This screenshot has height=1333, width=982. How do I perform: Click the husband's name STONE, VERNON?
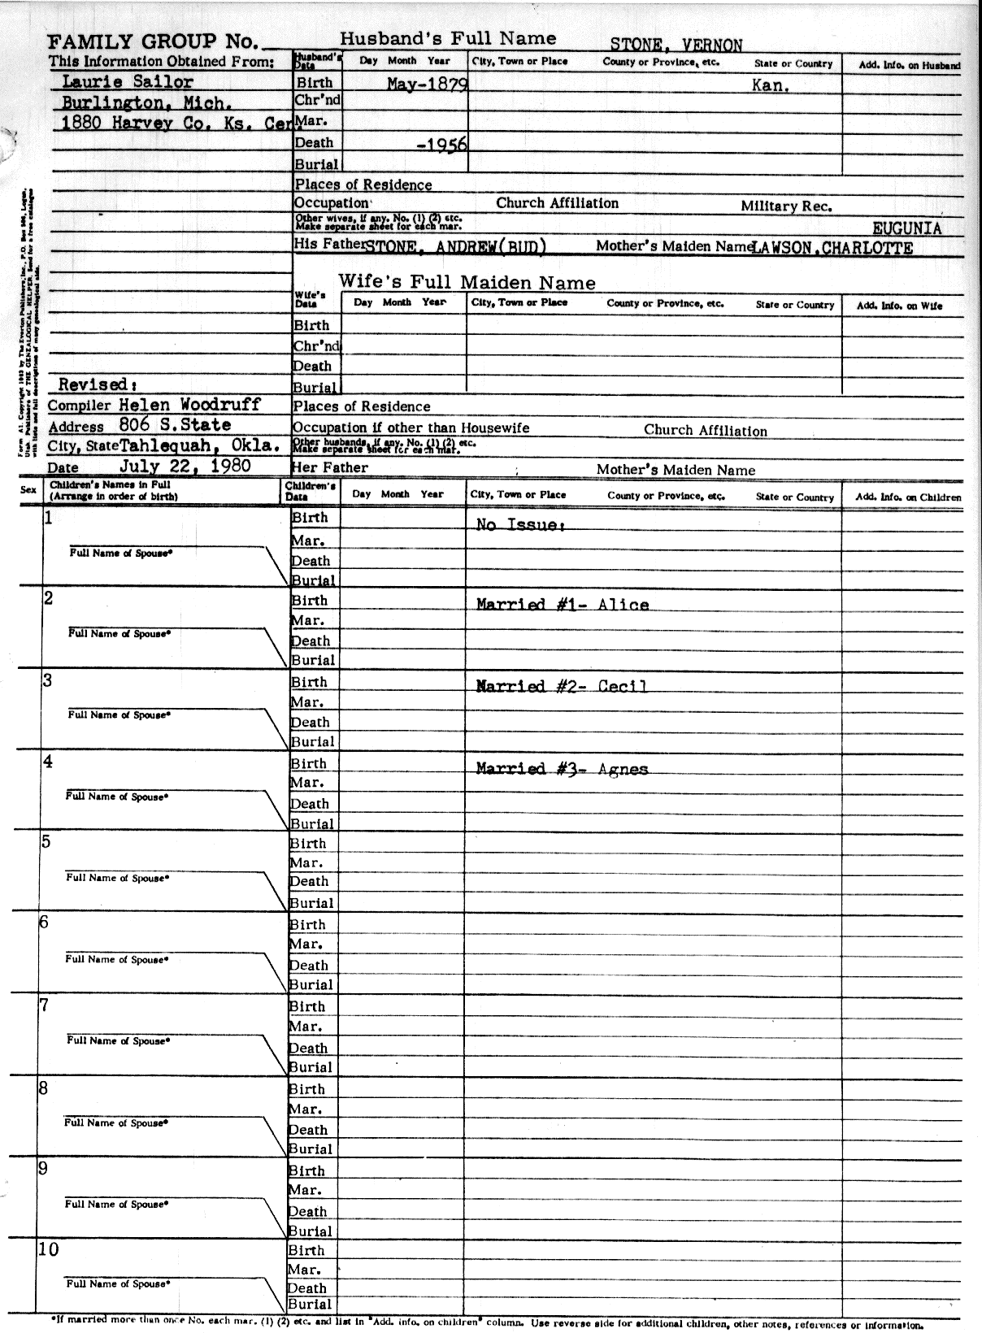click(676, 45)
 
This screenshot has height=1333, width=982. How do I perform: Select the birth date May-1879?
click(426, 84)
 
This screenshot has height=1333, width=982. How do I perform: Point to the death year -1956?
click(441, 145)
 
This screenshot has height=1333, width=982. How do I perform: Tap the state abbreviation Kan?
click(771, 85)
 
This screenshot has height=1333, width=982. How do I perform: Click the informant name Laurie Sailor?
click(128, 82)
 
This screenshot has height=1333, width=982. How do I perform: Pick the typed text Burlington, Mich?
click(147, 103)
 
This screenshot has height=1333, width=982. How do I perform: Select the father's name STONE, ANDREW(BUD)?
click(456, 247)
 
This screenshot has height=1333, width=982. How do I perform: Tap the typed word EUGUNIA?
click(906, 228)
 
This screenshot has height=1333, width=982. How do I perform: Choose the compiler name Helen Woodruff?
click(189, 404)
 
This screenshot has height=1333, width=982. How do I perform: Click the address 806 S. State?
click(175, 424)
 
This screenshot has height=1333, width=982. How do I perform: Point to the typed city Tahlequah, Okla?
click(200, 445)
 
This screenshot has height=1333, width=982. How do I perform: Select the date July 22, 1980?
click(185, 467)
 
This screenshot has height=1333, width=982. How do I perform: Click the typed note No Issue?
click(520, 525)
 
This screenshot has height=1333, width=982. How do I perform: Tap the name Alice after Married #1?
click(624, 605)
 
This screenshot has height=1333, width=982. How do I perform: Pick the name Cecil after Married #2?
click(623, 686)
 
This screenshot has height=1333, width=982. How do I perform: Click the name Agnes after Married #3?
click(623, 768)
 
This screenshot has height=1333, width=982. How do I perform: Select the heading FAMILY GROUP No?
click(154, 42)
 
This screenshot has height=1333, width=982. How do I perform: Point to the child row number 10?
click(49, 1249)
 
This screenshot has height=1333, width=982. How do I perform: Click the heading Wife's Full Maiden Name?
click(467, 283)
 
